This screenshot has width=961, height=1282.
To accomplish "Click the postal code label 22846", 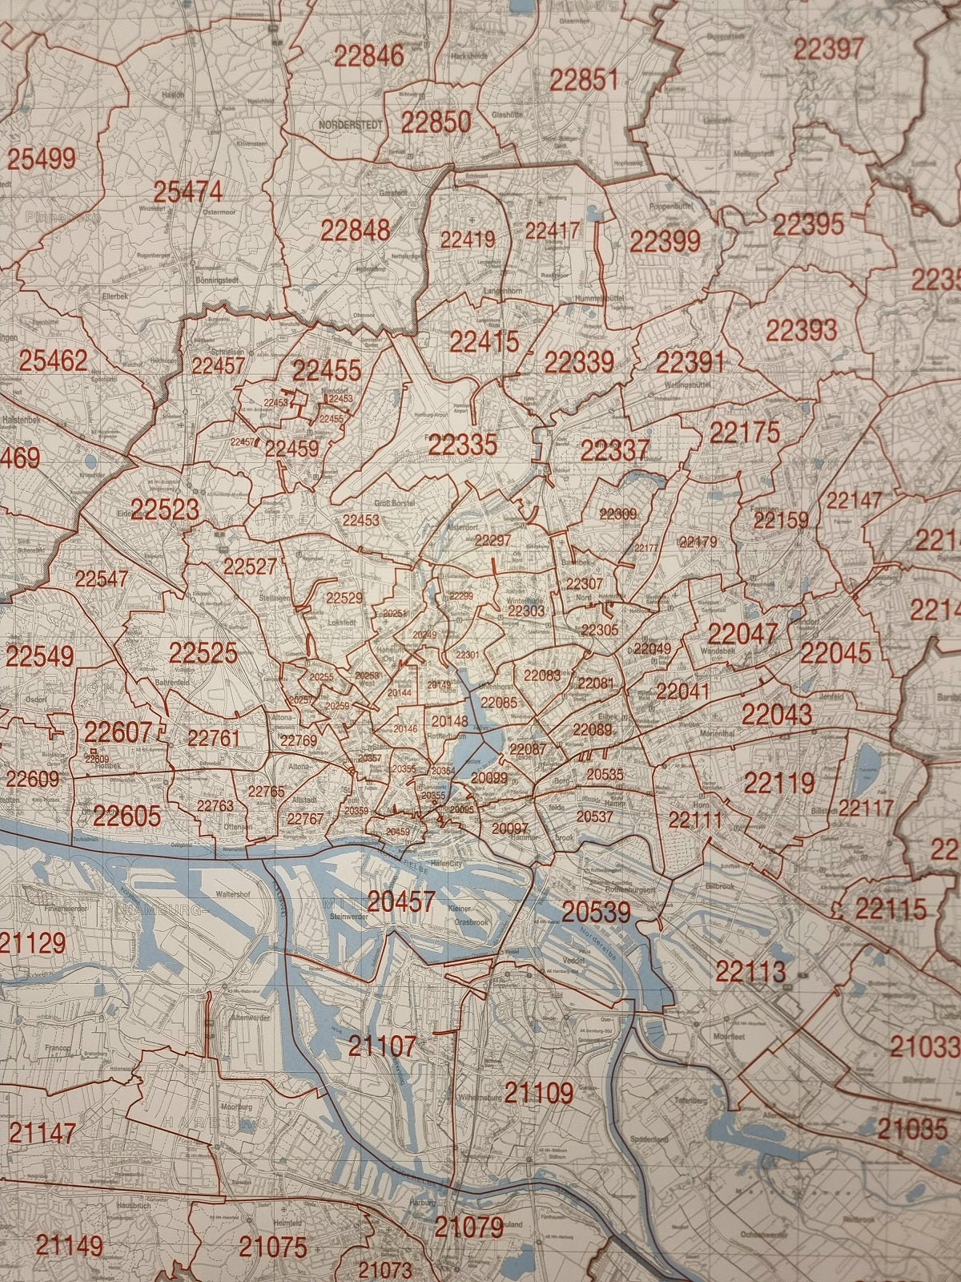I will coord(369,57).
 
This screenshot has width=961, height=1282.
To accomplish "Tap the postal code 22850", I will coord(436,123).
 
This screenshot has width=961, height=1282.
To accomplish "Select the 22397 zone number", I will coord(829,49).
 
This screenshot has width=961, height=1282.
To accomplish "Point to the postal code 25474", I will coord(188,192).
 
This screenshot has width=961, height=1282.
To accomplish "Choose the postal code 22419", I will coord(468,239).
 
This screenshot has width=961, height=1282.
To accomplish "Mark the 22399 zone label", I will coord(665,241).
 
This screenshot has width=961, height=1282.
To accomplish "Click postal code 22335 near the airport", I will coord(462,444).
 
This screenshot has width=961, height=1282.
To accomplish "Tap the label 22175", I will coord(744,433).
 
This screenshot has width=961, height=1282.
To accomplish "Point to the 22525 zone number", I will coord(203,653).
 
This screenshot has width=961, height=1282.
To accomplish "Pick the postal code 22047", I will coord(742,635).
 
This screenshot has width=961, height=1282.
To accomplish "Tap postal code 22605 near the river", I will coord(127,816).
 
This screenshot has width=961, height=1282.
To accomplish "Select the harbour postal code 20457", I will coord(401,902).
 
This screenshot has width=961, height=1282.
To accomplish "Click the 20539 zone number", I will coord(596,912).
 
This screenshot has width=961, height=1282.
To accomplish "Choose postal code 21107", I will coord(382,1046).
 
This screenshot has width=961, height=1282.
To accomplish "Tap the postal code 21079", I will coord(469,1227).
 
